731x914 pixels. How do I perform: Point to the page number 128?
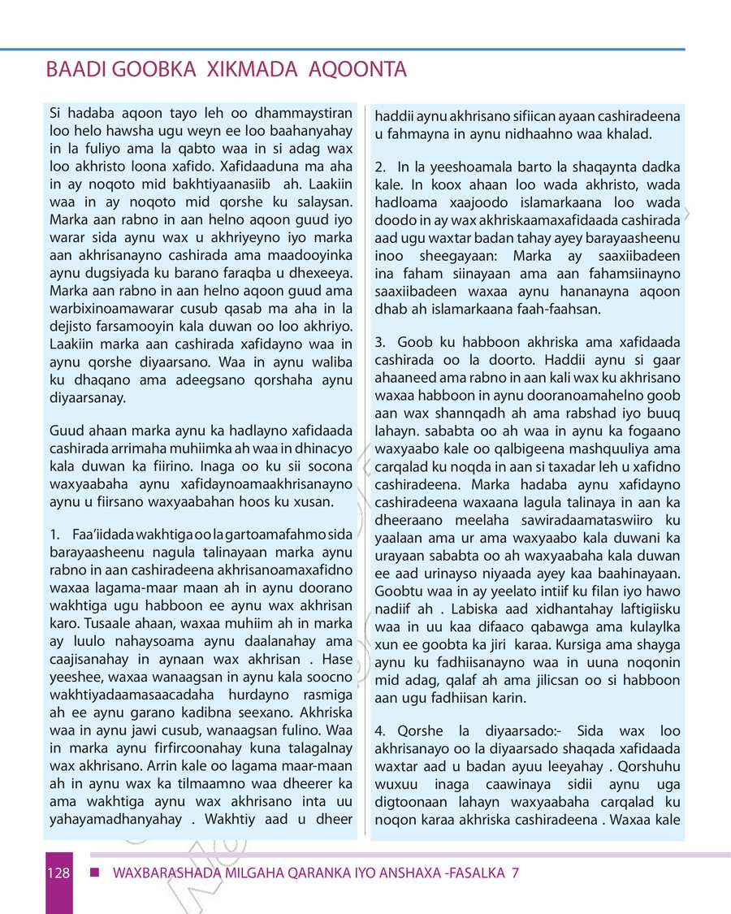pos(57,873)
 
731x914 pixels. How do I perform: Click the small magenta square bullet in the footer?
pos(94,873)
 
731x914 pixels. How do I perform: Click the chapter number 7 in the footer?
pos(514,873)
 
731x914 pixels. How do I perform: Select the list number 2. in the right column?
pos(380,167)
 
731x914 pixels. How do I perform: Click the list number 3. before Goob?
pos(380,343)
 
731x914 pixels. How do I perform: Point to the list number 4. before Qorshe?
pos(380,732)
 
